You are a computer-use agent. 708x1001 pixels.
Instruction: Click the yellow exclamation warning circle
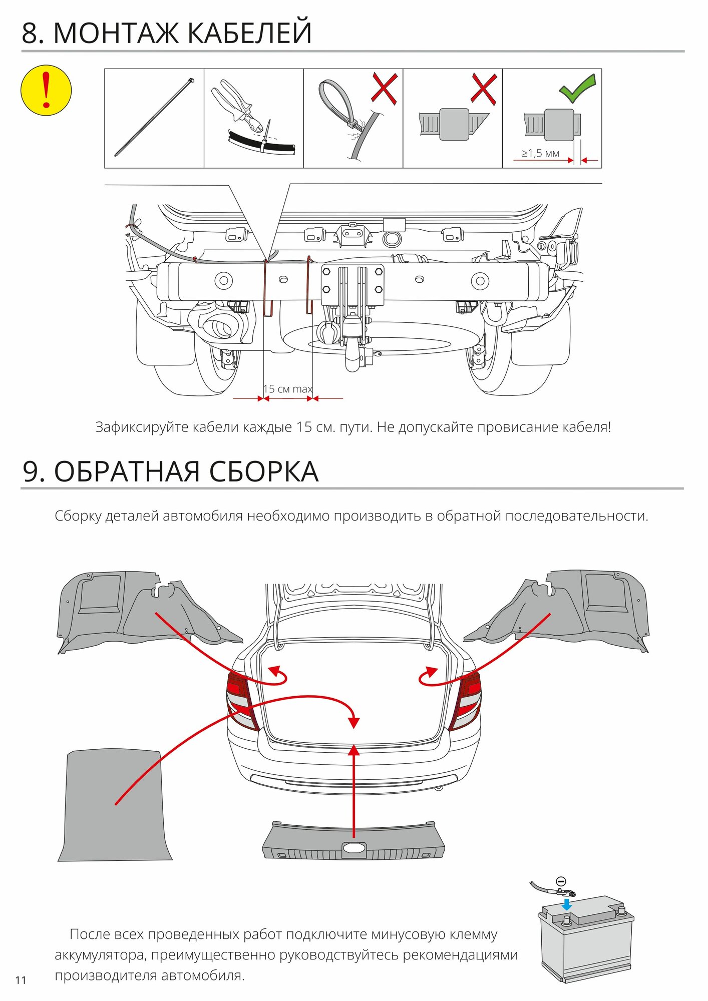click(x=46, y=91)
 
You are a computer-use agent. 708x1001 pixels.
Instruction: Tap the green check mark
click(x=577, y=89)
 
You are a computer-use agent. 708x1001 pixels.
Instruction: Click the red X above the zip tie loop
click(x=384, y=89)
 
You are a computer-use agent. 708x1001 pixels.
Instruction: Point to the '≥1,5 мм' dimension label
click(x=540, y=153)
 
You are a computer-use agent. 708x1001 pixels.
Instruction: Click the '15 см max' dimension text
click(x=288, y=389)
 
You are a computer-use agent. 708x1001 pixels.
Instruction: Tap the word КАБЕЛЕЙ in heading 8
click(x=250, y=33)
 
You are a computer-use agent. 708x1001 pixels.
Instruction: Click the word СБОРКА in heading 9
click(x=263, y=471)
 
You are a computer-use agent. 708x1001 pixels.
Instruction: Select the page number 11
click(x=21, y=980)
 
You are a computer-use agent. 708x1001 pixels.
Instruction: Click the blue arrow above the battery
click(x=566, y=904)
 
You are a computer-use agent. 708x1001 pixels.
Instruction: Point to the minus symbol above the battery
click(x=561, y=881)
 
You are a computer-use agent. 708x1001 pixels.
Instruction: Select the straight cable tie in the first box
click(x=154, y=118)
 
